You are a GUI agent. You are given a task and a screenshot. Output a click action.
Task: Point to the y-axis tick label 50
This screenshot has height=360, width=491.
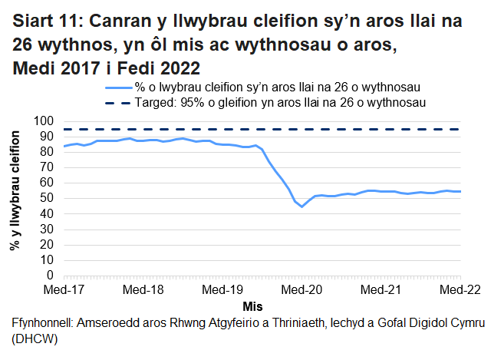[x=47, y=198]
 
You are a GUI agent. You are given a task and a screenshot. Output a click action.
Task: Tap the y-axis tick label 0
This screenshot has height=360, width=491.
[x=50, y=275]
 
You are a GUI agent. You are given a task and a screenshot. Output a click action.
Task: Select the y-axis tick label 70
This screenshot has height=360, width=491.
[x=47, y=167]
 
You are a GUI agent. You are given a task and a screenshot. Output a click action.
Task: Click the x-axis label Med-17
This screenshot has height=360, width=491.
[x=64, y=290]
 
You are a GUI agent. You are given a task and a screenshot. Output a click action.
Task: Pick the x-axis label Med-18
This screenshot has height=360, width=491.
[x=143, y=290]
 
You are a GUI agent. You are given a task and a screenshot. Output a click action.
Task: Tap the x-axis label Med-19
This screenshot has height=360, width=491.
[x=222, y=290]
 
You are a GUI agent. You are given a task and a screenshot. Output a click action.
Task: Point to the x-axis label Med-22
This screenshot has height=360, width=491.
[x=460, y=290]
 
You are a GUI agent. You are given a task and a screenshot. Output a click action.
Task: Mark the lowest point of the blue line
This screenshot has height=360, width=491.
[x=302, y=206]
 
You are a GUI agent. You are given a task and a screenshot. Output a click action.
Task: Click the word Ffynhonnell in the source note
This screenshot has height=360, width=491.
[x=38, y=322]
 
